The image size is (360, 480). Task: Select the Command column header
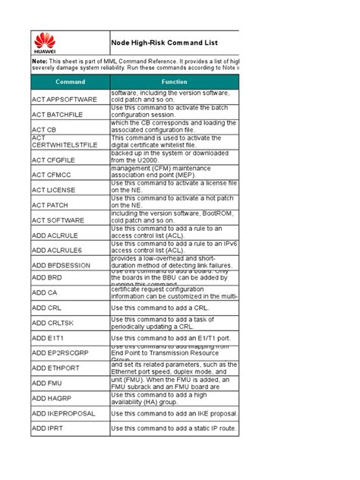[x=70, y=81]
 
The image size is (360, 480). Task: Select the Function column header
[x=174, y=81]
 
